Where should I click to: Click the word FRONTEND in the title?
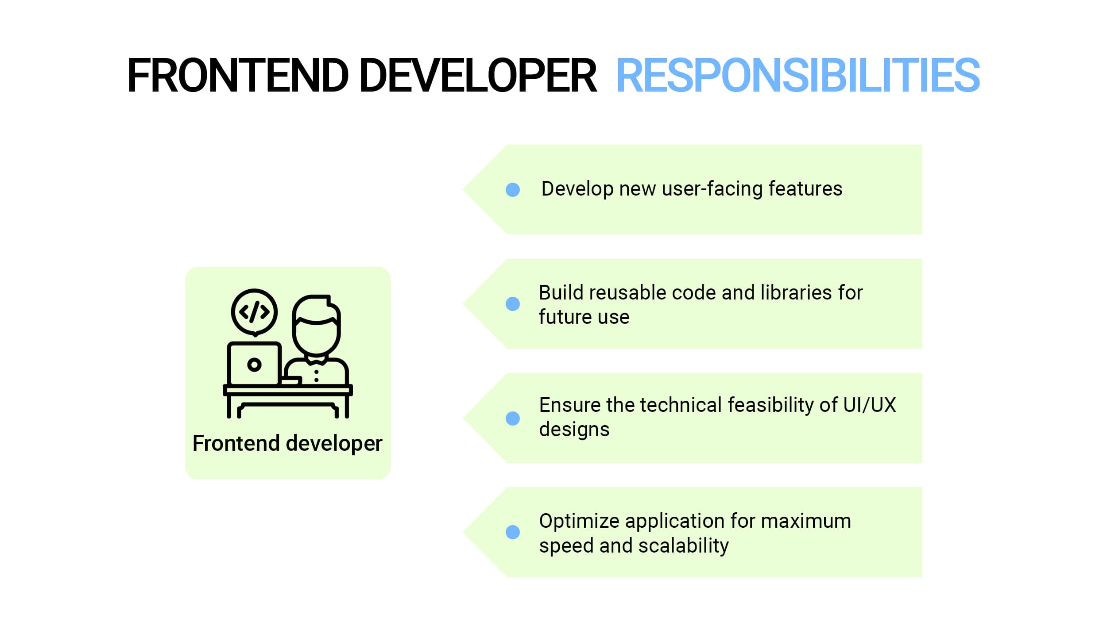click(x=238, y=76)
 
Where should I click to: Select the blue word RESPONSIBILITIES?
click(x=798, y=76)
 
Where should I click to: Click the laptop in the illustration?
click(x=254, y=364)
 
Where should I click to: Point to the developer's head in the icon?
click(x=316, y=325)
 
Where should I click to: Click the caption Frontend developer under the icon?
click(x=287, y=443)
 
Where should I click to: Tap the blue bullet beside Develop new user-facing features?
click(x=513, y=190)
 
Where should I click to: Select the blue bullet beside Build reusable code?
click(x=513, y=304)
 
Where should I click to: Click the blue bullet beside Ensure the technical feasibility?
click(x=513, y=418)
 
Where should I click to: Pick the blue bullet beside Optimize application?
click(x=513, y=532)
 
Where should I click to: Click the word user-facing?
click(x=712, y=189)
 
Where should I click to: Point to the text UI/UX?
click(x=870, y=405)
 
